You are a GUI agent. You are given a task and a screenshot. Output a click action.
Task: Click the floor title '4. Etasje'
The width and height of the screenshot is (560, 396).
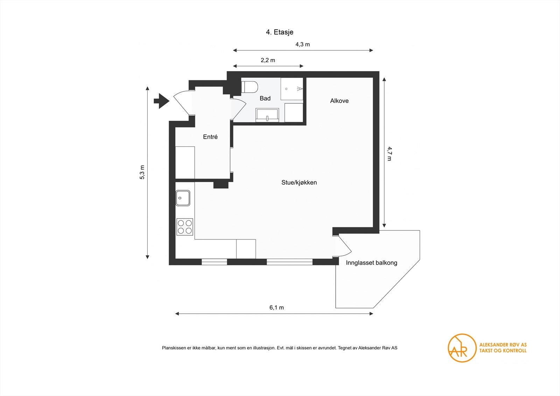coord(279,32)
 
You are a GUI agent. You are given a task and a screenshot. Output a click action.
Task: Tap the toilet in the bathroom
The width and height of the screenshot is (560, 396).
coord(250,87)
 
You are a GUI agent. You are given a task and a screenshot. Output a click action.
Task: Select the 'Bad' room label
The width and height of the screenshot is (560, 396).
coord(265,98)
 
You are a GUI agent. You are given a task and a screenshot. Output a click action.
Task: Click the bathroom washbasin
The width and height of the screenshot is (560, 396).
coord(267,115)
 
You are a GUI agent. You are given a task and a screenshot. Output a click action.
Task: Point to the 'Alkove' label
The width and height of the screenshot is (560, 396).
coord(339,101)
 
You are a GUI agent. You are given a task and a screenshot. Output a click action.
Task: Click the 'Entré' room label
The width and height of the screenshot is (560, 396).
coord(210,137)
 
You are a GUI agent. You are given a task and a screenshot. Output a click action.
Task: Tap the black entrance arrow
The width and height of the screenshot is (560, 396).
coord(161,101)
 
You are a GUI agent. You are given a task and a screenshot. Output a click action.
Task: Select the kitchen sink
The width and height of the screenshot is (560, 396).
coord(183,198)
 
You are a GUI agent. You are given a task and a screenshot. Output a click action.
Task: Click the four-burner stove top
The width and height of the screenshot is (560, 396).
coord(185,227)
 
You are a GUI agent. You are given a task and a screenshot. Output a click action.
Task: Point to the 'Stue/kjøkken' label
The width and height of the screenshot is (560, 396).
coord(299,182)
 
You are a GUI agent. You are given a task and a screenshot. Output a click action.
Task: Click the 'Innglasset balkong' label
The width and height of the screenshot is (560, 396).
coord(371,263)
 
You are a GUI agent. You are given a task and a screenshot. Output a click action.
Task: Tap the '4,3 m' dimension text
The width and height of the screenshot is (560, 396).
coord(302,44)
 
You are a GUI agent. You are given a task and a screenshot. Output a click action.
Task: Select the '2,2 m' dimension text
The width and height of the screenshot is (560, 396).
coord(268,60)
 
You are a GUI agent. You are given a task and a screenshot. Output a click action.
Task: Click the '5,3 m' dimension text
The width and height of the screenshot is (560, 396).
coord(142,172)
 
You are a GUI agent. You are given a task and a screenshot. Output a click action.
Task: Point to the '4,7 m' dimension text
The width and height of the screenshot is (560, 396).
coord(389,154)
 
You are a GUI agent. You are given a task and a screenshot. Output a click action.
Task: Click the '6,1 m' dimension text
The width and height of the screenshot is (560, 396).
coord(276,307)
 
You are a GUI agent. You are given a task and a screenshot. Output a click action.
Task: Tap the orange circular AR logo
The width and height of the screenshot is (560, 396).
coord(462,348)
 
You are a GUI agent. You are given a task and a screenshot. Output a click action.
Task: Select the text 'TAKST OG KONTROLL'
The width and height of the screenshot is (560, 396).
coord(503,350)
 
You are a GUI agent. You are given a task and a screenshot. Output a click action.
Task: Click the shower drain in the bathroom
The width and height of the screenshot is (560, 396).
coord(287,89)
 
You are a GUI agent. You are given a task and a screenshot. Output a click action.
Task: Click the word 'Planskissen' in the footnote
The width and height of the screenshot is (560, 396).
coord(172,348)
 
